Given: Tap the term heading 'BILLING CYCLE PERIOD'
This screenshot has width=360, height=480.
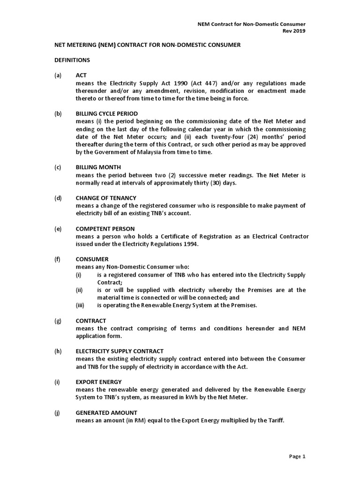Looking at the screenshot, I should click(107, 114).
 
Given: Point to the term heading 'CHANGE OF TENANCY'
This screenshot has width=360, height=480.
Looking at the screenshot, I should click(106, 198).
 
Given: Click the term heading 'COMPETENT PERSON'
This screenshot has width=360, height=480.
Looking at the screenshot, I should click(105, 229).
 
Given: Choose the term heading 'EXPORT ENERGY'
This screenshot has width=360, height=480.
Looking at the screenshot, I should click(98, 382).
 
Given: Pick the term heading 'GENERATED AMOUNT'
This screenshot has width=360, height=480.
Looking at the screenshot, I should click(106, 412).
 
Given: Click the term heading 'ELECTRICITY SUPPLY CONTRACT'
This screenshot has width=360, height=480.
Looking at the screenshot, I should click(120, 351).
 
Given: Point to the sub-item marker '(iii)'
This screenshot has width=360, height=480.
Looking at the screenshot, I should click(80, 305).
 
